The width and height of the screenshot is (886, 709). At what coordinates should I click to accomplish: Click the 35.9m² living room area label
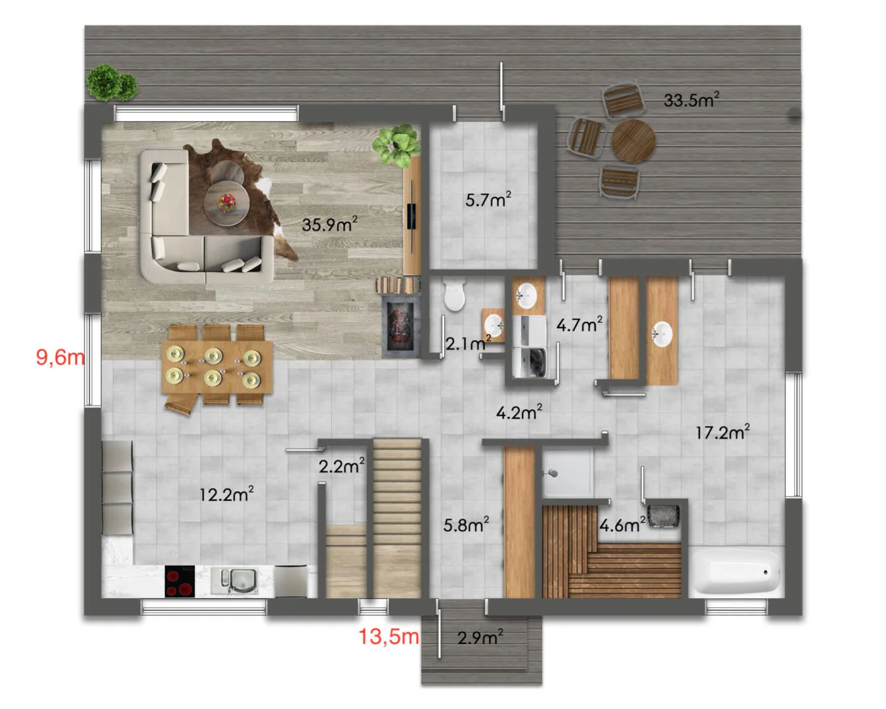tap(329, 224)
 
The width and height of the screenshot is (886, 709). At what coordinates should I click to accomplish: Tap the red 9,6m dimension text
tap(60, 356)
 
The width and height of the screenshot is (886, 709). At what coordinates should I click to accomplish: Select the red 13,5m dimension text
tap(389, 637)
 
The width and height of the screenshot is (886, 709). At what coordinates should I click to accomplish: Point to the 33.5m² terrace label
tap(691, 100)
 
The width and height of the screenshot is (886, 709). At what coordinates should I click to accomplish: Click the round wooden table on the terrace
tap(633, 141)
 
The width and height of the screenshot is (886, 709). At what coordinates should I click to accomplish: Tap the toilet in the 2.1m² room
tap(455, 293)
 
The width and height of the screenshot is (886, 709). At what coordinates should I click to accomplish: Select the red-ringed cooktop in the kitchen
tap(180, 581)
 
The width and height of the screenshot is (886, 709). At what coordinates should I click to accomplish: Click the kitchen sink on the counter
tap(234, 581)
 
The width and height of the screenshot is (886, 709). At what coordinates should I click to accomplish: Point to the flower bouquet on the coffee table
tap(227, 202)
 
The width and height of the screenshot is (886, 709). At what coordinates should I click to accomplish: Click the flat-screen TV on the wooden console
tap(411, 215)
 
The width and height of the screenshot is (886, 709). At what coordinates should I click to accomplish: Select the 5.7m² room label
tap(488, 200)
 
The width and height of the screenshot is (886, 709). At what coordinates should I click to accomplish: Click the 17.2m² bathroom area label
tap(723, 432)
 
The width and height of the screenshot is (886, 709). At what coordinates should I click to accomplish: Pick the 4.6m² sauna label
tap(622, 525)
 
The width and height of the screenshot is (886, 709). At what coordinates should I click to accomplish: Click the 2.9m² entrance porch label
tap(480, 637)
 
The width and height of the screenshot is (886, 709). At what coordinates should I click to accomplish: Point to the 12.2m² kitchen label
tap(226, 494)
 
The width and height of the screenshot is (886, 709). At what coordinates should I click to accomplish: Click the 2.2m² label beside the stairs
tap(341, 466)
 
